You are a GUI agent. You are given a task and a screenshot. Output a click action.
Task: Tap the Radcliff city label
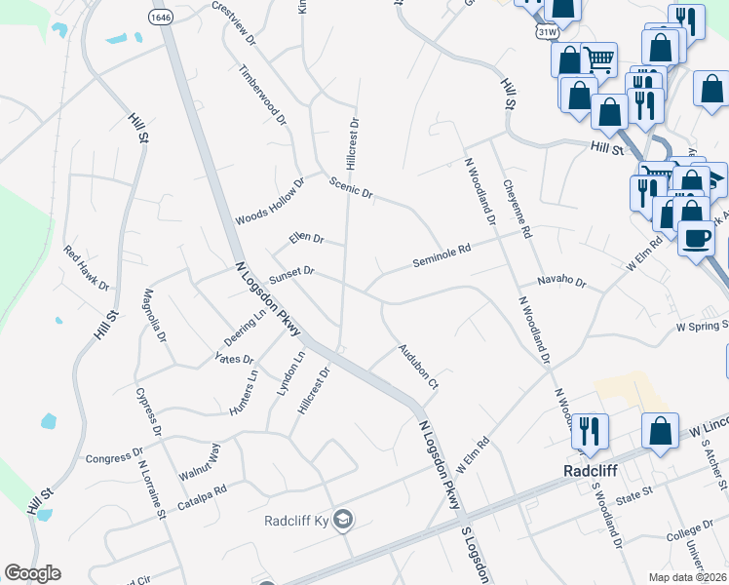592,469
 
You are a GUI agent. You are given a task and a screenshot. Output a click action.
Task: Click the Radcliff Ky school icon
342,520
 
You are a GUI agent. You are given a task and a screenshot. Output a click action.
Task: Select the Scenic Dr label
351,188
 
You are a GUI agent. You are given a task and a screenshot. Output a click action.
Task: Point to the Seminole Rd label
441,256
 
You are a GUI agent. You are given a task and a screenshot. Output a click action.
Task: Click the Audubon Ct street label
418,368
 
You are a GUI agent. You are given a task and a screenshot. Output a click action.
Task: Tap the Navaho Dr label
560,283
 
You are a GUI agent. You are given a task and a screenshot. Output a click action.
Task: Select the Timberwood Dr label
263,96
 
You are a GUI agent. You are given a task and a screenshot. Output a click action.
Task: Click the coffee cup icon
696,238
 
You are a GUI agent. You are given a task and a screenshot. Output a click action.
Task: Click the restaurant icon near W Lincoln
590,429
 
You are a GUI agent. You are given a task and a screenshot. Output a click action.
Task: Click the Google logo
32,573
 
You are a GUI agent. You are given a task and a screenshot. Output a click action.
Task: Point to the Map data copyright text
688,577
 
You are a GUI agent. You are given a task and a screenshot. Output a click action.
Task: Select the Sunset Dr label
291,274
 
